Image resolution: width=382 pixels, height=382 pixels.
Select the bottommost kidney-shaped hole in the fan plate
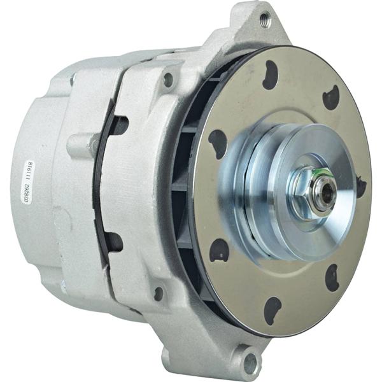tap(272, 310)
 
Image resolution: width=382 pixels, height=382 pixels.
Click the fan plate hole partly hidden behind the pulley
tap(361, 187)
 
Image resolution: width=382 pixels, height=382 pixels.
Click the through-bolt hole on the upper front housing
tap(168, 80)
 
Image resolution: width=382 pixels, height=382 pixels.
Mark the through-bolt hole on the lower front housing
tap(159, 294)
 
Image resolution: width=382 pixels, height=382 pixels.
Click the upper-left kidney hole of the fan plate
tap(218, 141)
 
